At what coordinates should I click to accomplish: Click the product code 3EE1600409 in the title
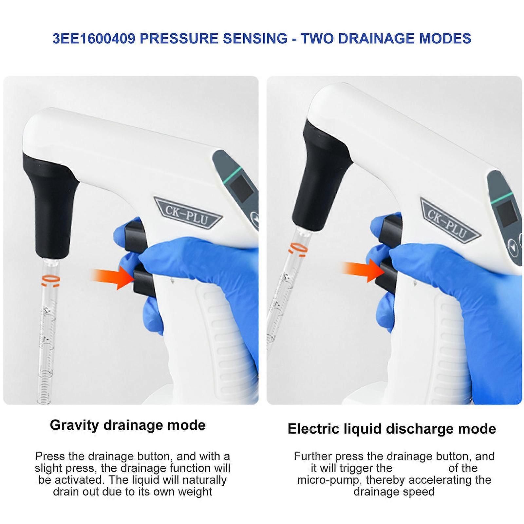94,39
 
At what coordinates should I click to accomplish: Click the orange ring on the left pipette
50,280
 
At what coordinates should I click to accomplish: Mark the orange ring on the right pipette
298,249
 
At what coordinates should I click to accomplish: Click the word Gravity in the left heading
74,425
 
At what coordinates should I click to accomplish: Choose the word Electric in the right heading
313,429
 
